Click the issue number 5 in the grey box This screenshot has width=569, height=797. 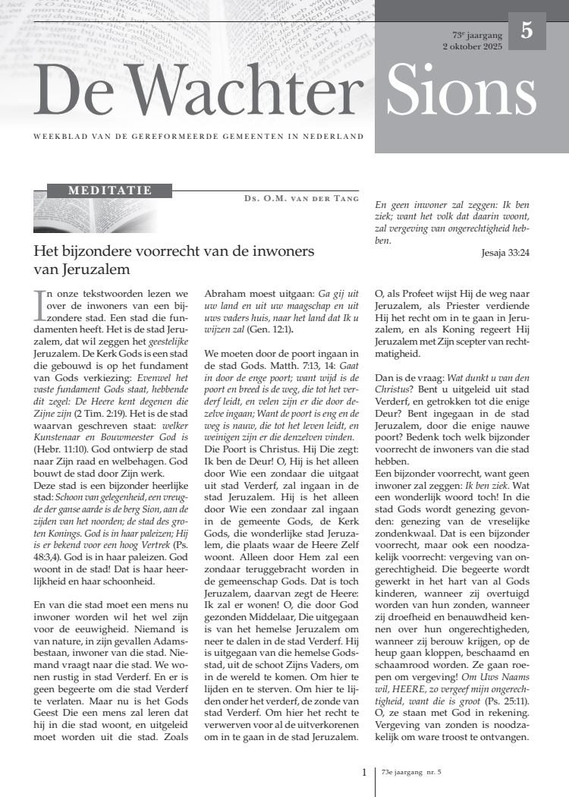(x=527, y=31)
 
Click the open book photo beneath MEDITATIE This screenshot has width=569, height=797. (x=96, y=215)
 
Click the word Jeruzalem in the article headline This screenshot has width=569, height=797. (x=78, y=269)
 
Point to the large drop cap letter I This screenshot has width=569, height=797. (x=39, y=303)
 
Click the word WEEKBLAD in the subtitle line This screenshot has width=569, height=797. (x=56, y=137)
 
